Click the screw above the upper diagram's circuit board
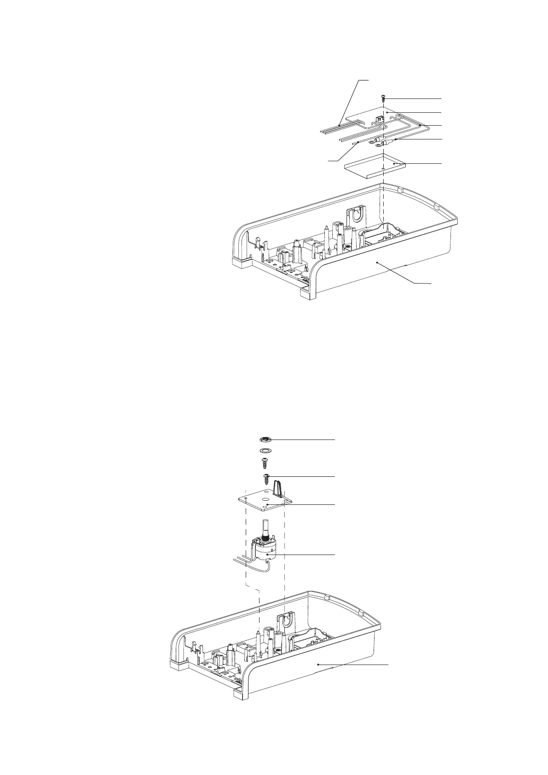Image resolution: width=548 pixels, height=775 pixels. [382, 98]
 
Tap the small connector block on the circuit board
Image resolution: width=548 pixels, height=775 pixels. [380, 120]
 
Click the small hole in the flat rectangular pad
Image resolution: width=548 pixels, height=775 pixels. [383, 170]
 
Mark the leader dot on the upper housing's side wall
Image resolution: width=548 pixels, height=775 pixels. [377, 262]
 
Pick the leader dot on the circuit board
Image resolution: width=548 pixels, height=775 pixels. [388, 112]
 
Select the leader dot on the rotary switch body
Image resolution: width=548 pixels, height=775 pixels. [267, 555]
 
